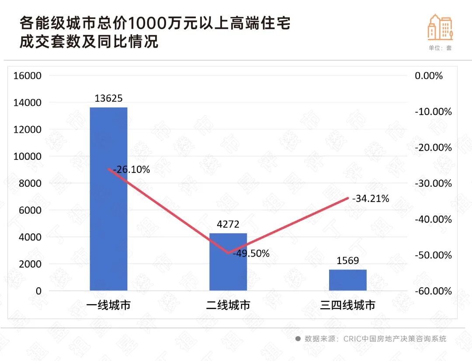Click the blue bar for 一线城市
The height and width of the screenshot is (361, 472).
pyautogui.click(x=108, y=199)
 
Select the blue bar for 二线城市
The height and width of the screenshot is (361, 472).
pyautogui.click(x=228, y=262)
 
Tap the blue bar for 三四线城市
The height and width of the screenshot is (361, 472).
pyautogui.click(x=348, y=280)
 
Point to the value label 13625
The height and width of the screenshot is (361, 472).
pyautogui.click(x=108, y=98)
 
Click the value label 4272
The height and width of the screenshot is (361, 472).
pyautogui.click(x=228, y=224)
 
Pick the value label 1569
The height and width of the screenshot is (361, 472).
pyautogui.click(x=348, y=261)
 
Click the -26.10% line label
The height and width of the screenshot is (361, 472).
pyautogui.click(x=132, y=169)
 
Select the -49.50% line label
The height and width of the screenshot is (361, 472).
pyautogui.click(x=251, y=254)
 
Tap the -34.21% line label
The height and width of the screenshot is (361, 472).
pyautogui.click(x=371, y=199)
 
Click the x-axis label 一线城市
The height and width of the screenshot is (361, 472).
pyautogui.click(x=108, y=305)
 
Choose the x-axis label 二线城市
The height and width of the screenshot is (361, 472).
pyautogui.click(x=228, y=305)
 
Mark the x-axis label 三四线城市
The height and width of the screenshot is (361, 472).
pyautogui.click(x=348, y=305)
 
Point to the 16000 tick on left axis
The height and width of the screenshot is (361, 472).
pyautogui.click(x=27, y=76)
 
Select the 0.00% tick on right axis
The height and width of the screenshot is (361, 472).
pyautogui.click(x=429, y=76)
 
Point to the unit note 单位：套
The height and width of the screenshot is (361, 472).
pyautogui.click(x=440, y=48)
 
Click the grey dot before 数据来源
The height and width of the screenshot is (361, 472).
pyautogui.click(x=298, y=339)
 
